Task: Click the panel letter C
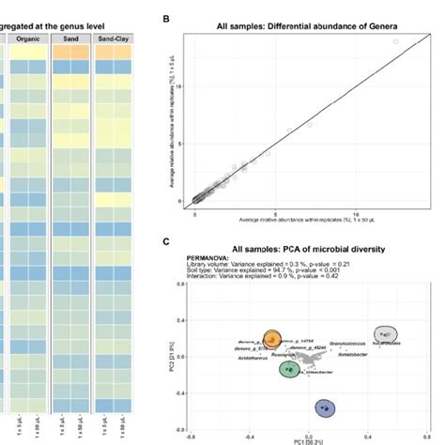click(x=166, y=241)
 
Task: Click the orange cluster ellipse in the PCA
click(x=272, y=338)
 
